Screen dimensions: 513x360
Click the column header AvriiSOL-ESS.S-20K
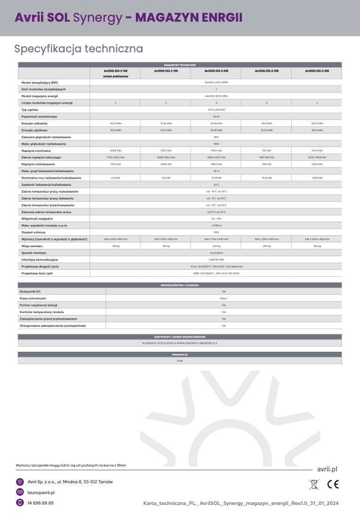(x=216, y=71)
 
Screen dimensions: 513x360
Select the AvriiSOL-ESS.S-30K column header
(x=317, y=71)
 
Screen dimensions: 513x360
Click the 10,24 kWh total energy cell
(x=116, y=123)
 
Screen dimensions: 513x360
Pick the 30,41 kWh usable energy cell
(x=317, y=130)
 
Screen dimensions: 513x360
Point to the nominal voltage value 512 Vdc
(x=267, y=150)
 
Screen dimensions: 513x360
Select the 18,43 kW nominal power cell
(x=317, y=178)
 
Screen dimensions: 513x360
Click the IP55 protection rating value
(x=216, y=232)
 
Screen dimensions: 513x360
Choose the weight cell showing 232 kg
(x=216, y=246)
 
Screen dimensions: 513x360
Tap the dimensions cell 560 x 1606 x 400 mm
(x=317, y=240)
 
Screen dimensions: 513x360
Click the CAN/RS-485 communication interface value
(x=216, y=260)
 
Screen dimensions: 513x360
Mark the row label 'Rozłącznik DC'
(x=30, y=291)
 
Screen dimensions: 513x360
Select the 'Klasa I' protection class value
(x=224, y=298)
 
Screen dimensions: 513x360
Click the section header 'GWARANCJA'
(x=180, y=354)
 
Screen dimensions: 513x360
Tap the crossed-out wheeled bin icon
(x=314, y=484)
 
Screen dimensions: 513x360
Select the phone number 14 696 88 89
(x=41, y=503)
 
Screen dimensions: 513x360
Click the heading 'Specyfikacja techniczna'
(x=79, y=49)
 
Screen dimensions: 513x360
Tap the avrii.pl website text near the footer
(x=327, y=469)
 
